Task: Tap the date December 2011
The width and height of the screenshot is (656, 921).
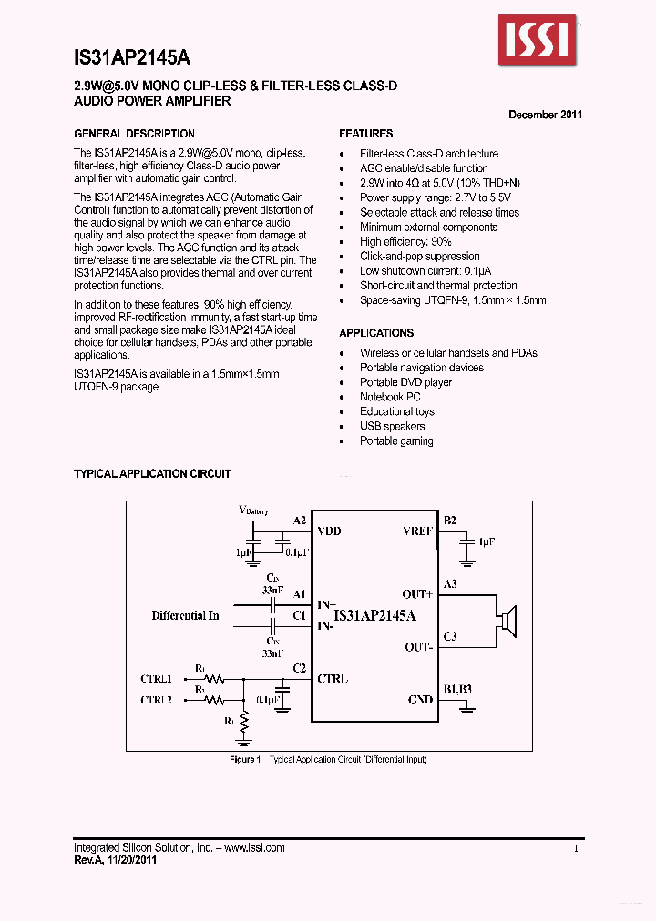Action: tap(545, 115)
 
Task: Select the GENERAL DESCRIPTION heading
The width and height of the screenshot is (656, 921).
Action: tap(134, 134)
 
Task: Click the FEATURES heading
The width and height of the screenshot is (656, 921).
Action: tap(366, 134)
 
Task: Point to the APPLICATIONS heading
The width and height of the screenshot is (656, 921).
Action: tap(376, 333)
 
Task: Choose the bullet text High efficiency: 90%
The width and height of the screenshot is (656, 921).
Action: tap(405, 242)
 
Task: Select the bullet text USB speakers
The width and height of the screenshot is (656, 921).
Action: tap(392, 426)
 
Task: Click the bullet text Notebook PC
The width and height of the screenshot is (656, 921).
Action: tap(390, 397)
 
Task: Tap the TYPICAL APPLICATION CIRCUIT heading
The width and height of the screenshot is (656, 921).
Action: tap(152, 474)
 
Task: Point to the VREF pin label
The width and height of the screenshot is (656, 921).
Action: tap(417, 531)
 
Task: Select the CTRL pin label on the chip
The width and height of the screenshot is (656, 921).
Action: tap(333, 678)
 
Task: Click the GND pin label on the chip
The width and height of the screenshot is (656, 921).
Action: tap(420, 700)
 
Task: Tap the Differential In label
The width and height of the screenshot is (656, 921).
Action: tap(185, 616)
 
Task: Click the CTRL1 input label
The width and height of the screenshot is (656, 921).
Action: tap(156, 679)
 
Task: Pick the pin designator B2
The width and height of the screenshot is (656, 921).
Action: tap(449, 521)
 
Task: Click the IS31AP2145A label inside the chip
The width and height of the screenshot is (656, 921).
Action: tap(374, 616)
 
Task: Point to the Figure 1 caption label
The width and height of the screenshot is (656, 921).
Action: tap(245, 759)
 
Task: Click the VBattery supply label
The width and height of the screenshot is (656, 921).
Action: tap(252, 511)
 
